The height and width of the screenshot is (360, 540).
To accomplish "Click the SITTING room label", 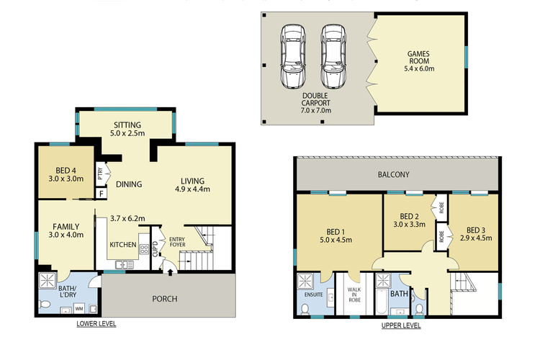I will click(x=127, y=125).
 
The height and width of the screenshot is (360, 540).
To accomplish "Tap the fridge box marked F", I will click(x=102, y=193).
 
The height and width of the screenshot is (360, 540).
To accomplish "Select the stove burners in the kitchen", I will click(x=143, y=249).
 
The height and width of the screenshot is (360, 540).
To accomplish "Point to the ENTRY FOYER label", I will click(x=176, y=243).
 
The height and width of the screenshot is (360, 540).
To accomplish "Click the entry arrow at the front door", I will click(x=169, y=271).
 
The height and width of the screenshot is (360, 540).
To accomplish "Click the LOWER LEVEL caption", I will click(x=96, y=325).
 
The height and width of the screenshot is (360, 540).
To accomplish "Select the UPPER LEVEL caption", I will click(x=401, y=325).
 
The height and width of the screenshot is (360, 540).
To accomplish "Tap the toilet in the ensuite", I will click(x=305, y=308).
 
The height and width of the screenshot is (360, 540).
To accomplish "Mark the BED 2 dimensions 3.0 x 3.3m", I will click(x=408, y=224).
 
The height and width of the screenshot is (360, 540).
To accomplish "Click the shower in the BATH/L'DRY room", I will click(x=49, y=281).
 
